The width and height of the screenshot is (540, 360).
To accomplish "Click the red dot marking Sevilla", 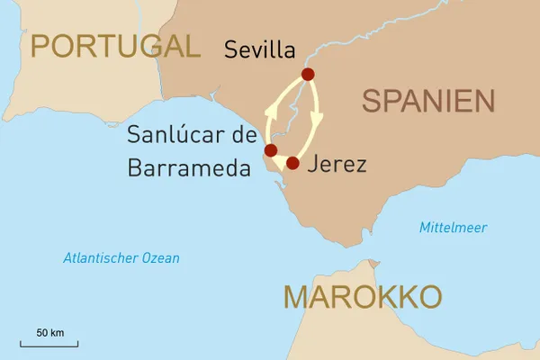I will click(308, 75).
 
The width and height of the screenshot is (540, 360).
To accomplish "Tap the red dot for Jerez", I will click(292, 163).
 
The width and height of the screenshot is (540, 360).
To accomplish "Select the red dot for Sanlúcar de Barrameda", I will click(270, 150).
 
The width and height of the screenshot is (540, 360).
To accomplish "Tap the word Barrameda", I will click(189, 167).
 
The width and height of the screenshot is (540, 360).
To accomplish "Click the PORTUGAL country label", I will click(114, 46).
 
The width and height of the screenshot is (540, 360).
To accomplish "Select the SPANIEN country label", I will click(430, 101).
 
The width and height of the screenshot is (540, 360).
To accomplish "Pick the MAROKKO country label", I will click(362, 295).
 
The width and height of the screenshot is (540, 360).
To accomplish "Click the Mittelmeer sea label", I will click(453, 228).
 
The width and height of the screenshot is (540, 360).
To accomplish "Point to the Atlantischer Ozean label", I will click(121, 258).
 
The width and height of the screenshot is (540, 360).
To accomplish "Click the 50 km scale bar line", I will click(50, 344).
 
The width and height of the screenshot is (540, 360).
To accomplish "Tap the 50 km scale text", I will click(50, 332).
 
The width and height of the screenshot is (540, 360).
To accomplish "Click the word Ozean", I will click(161, 258).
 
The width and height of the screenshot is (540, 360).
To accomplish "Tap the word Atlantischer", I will click(101, 258).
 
